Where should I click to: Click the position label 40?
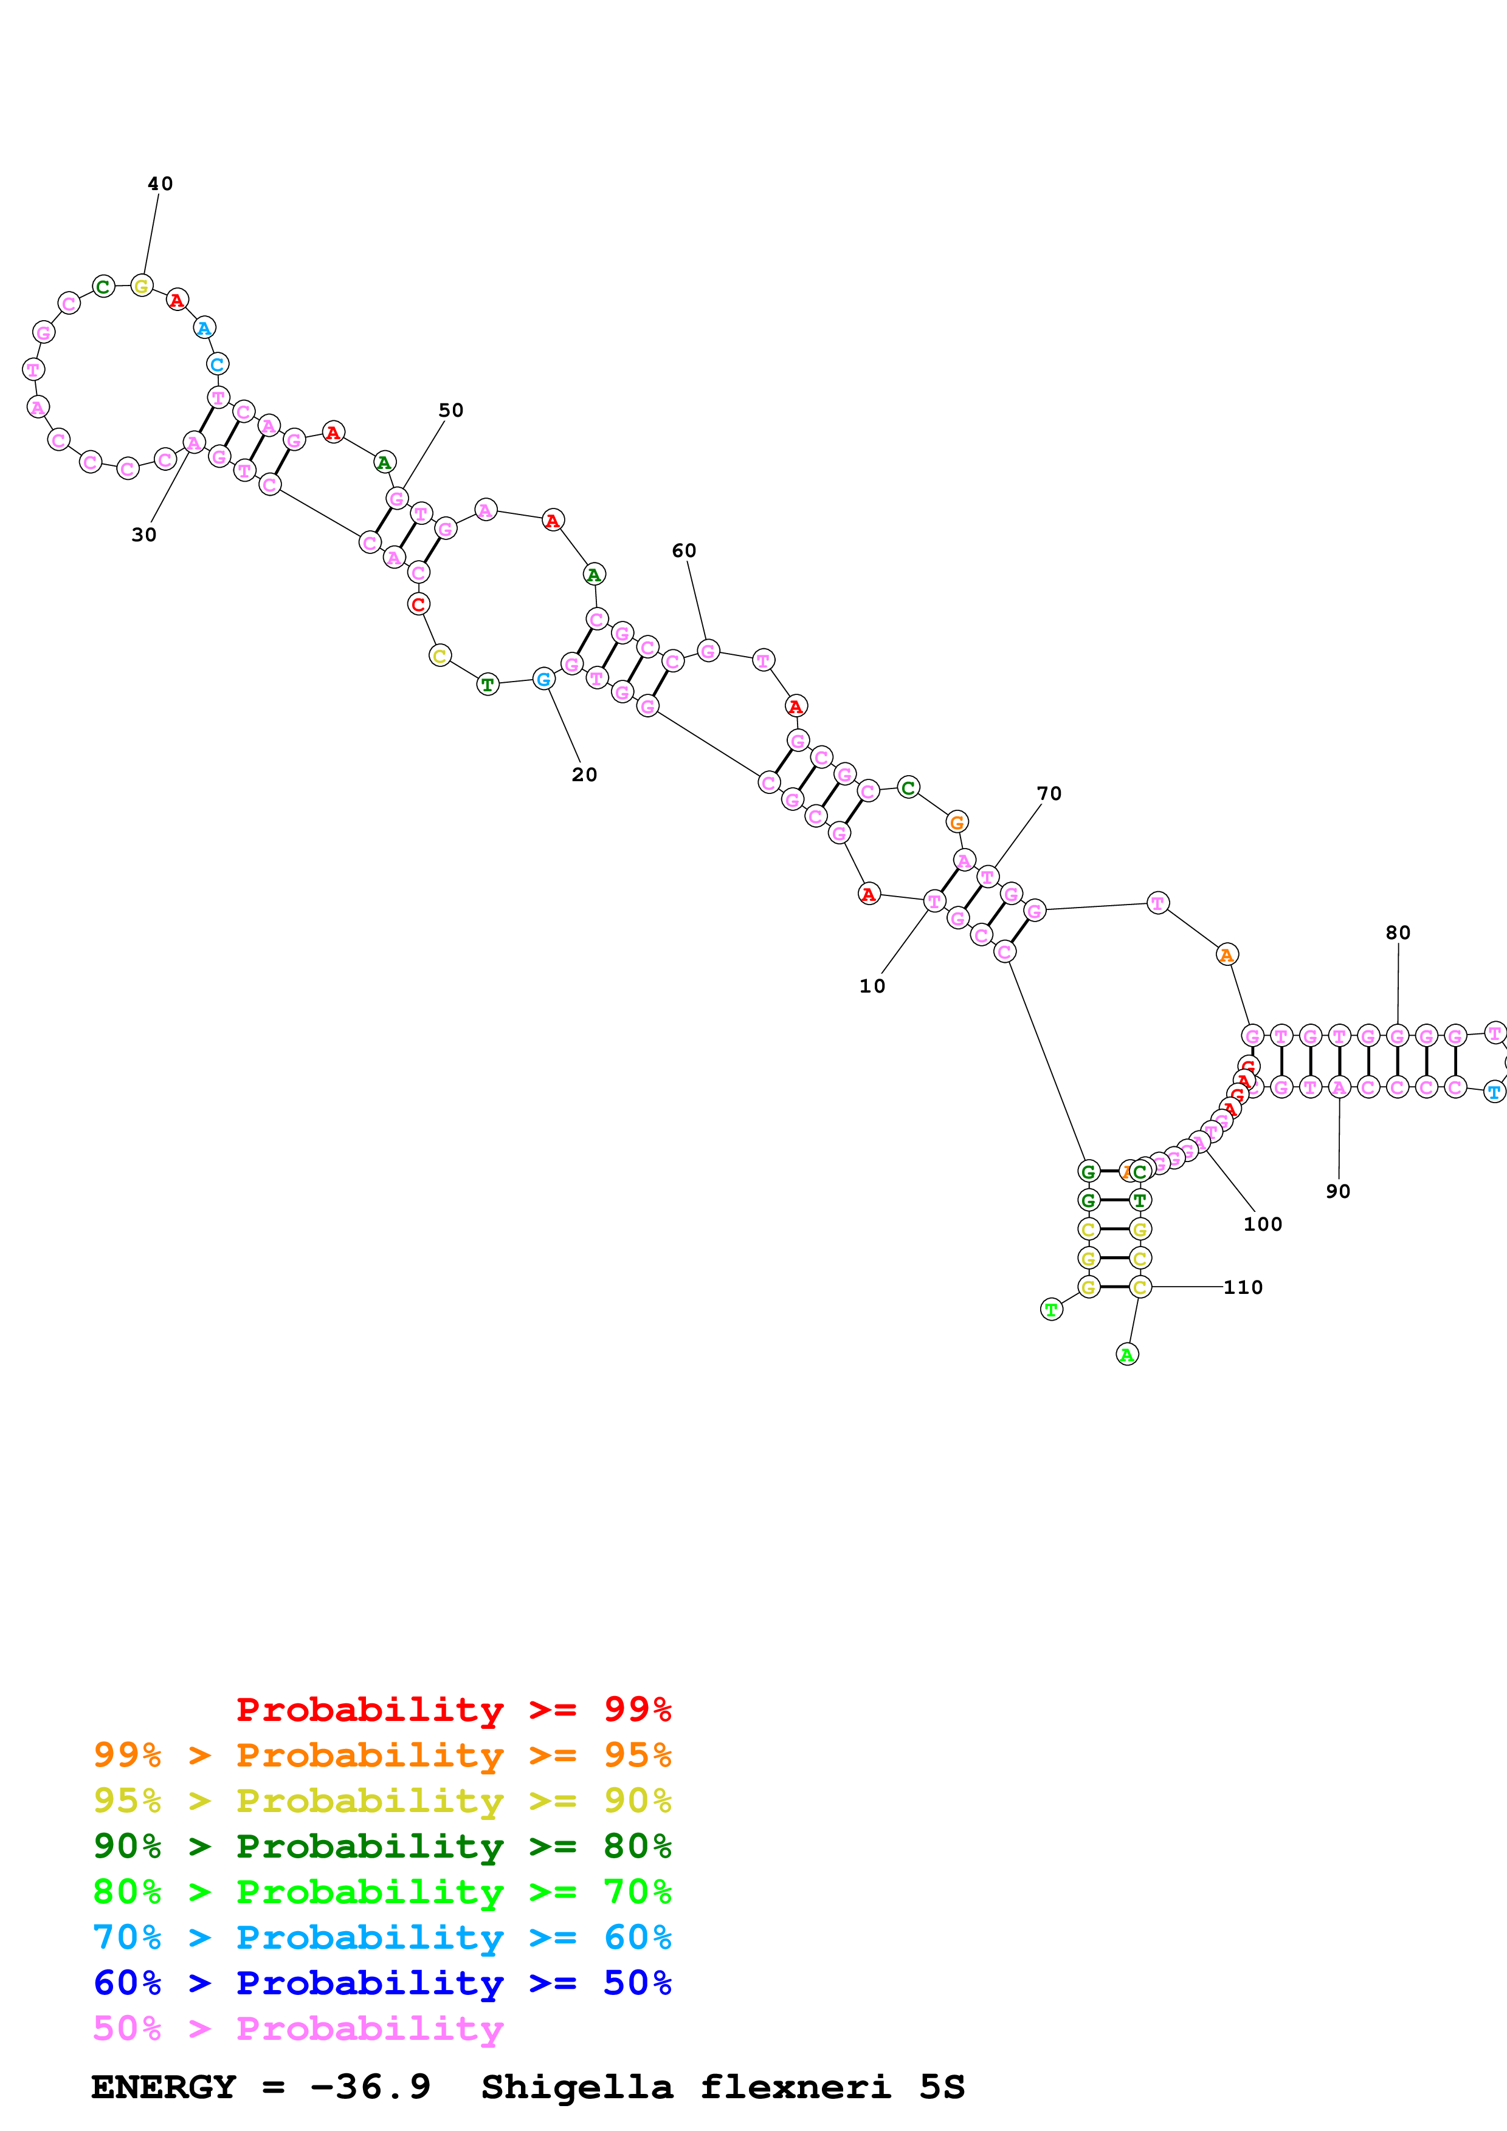click(x=160, y=184)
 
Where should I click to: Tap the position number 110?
click(x=1243, y=1287)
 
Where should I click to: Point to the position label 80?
click(x=1398, y=933)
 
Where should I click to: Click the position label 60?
click(x=683, y=550)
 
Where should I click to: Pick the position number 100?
click(x=1262, y=1224)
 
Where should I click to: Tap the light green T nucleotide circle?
click(x=1051, y=1310)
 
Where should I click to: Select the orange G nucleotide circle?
click(x=956, y=823)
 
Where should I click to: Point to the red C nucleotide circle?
click(x=418, y=604)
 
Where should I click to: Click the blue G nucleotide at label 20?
click(x=544, y=679)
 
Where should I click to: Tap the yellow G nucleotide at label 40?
click(x=141, y=286)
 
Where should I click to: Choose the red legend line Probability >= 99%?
click(x=453, y=1709)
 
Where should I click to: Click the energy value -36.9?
click(x=370, y=2087)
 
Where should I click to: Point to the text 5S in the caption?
click(x=942, y=2087)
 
